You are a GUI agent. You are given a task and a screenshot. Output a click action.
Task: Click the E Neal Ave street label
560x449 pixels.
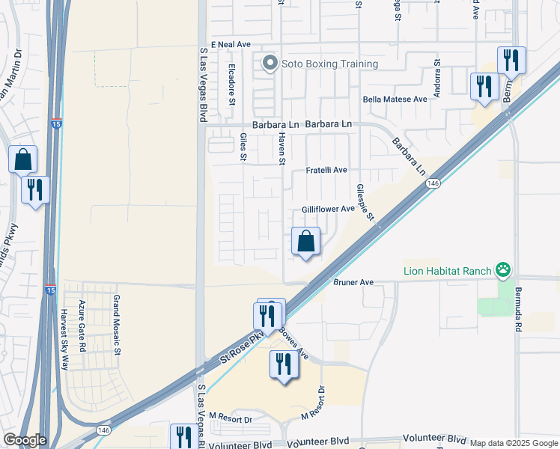tap(231, 45)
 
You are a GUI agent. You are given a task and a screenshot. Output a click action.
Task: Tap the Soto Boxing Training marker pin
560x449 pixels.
tap(270, 64)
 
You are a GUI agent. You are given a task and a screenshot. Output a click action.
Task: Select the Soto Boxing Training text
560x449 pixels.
tap(329, 64)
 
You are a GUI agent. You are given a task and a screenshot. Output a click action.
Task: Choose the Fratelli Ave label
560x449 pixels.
tap(326, 170)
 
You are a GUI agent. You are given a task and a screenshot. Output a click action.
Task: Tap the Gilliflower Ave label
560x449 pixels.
tap(327, 209)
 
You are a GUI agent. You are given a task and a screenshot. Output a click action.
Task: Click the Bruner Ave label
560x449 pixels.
tap(352, 283)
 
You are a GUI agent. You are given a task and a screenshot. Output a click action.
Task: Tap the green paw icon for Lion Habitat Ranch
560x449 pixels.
tap(504, 270)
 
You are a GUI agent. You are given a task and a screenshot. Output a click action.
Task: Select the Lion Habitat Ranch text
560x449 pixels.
tap(447, 271)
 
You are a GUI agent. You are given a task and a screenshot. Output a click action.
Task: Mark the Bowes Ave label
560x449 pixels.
tap(293, 340)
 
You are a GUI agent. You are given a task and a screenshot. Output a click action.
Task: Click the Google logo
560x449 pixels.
tap(25, 440)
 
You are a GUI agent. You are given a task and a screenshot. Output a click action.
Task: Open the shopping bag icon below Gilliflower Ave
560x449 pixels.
tap(305, 242)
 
